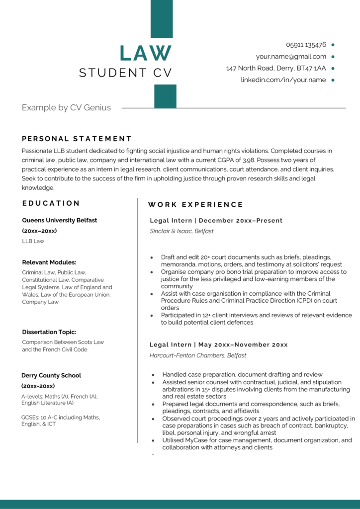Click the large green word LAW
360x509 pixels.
pyautogui.click(x=146, y=53)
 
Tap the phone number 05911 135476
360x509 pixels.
pyautogui.click(x=306, y=44)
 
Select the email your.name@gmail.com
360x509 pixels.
pyautogui.click(x=291, y=56)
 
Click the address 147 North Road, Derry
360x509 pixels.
pyautogui.click(x=276, y=68)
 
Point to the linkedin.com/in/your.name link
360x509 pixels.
pyautogui.click(x=283, y=80)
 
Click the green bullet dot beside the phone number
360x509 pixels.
pyautogui.click(x=333, y=45)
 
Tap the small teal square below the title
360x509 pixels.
pyautogui.click(x=165, y=96)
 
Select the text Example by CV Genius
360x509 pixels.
pyautogui.click(x=66, y=107)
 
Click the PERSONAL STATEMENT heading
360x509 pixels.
pyautogui.click(x=77, y=139)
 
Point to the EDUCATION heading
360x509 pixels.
pyautogui.click(x=51, y=203)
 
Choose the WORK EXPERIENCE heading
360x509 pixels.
pyautogui.click(x=195, y=204)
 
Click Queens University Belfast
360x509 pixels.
pyautogui.click(x=60, y=220)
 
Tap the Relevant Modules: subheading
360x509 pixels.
pyautogui.click(x=49, y=262)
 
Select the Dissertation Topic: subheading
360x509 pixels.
pyautogui.click(x=49, y=332)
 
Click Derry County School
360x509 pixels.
pyautogui.click(x=51, y=375)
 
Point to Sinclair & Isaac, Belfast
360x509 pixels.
pyautogui.click(x=181, y=231)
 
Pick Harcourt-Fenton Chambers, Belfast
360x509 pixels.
pyautogui.click(x=197, y=355)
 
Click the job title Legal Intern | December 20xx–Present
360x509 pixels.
pyautogui.click(x=216, y=220)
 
